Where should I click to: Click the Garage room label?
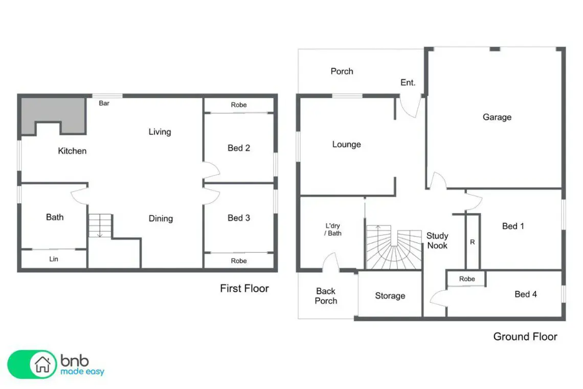[497, 117]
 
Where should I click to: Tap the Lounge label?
[347, 144]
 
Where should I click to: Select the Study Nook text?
[437, 241]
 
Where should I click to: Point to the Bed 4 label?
[525, 294]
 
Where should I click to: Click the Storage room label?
[390, 296]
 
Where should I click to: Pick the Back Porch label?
[326, 296]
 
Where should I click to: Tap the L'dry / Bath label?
[333, 229]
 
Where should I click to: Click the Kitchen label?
[72, 151]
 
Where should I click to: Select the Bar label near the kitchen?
[104, 103]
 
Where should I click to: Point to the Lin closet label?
[54, 258]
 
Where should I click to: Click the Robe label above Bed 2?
[239, 105]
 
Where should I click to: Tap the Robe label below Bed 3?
[239, 261]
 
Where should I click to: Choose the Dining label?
[161, 219]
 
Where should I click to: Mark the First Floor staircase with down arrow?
[100, 226]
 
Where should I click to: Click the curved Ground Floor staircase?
[394, 248]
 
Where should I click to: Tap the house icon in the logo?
[42, 364]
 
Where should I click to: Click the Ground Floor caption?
[525, 336]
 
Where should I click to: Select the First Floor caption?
[244, 289]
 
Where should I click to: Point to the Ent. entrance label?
[408, 82]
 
